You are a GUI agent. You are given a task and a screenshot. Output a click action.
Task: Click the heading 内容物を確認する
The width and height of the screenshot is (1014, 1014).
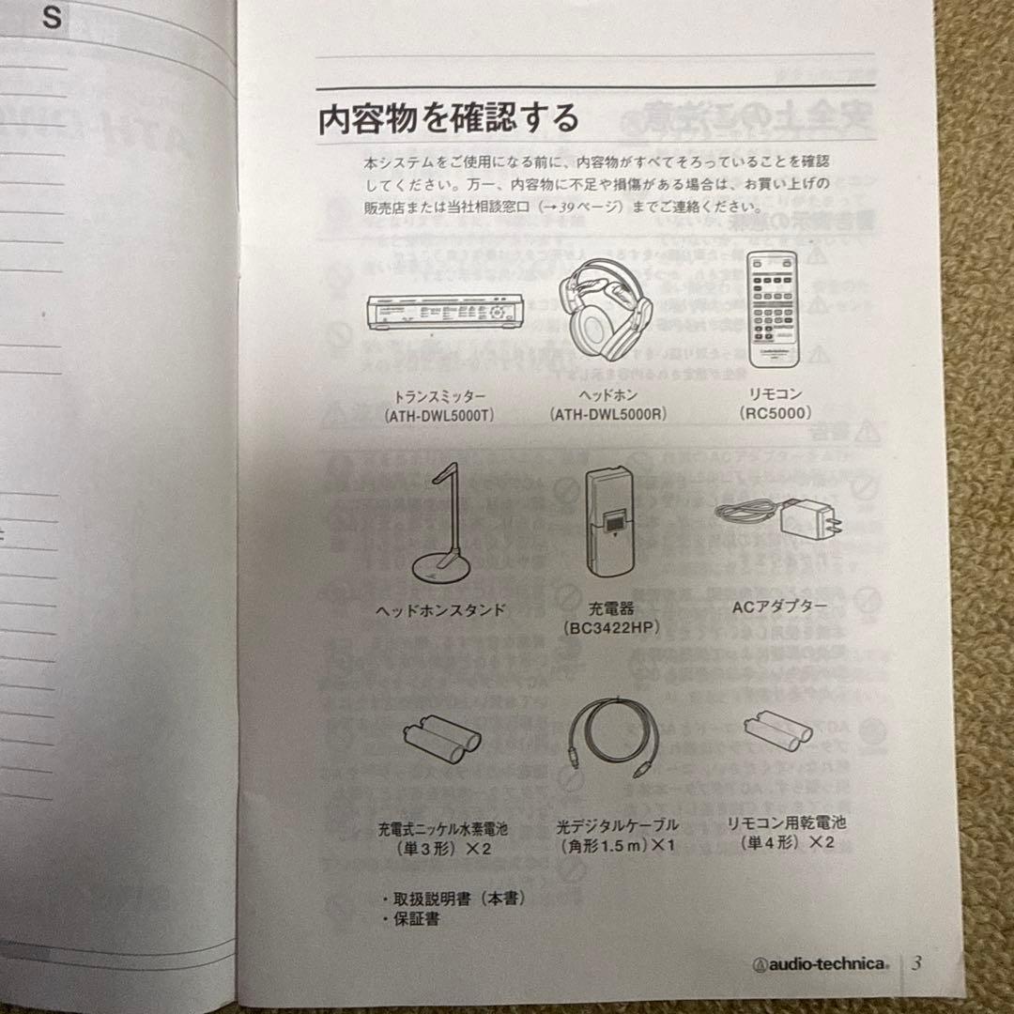(449, 119)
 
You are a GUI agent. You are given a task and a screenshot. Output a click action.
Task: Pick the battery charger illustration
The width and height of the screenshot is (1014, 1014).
(608, 523)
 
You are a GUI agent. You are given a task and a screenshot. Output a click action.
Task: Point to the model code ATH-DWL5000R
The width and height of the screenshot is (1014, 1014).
(608, 414)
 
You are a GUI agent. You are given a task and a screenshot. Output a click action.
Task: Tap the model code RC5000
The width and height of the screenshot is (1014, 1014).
(776, 412)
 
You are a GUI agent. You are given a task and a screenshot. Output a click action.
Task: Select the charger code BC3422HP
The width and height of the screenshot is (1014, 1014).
(610, 627)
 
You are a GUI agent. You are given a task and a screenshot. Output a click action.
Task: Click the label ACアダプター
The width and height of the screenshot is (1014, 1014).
(779, 607)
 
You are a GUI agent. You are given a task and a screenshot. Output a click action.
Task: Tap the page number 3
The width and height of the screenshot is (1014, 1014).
(916, 962)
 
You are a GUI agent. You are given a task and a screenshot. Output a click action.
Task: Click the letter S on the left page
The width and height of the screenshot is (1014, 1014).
(53, 20)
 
